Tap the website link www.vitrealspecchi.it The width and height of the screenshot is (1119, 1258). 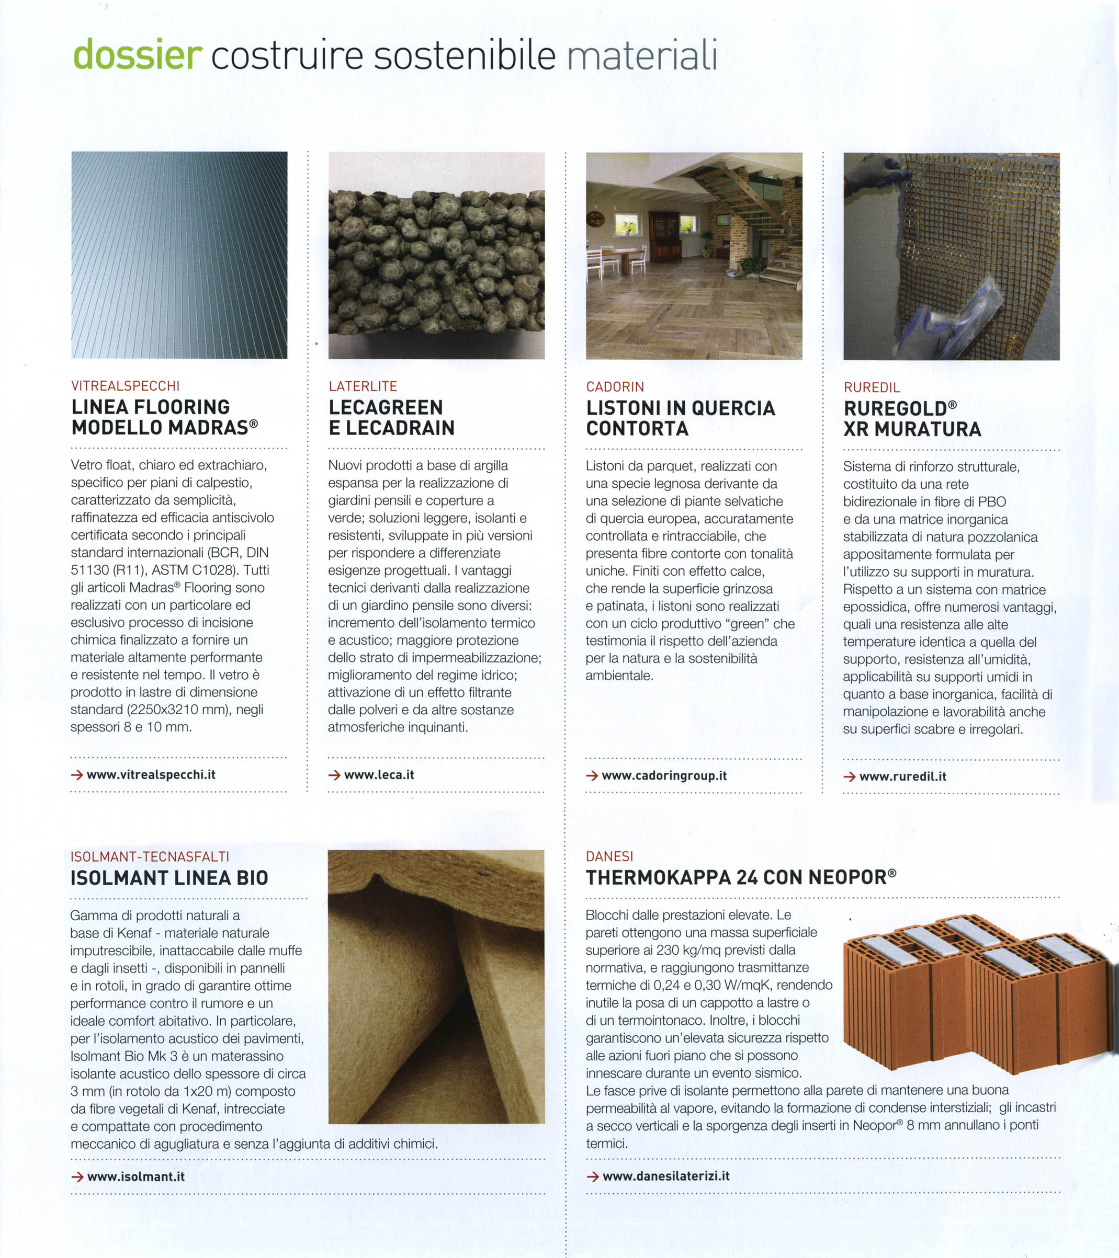point(151,775)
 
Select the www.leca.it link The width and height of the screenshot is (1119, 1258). point(379,775)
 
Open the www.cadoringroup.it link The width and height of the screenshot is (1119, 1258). point(664,775)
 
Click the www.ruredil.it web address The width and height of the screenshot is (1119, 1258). point(902,776)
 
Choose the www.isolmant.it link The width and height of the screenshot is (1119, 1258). point(135,1176)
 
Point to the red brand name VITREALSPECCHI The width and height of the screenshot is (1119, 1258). point(126,386)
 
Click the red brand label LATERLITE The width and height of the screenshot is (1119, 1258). point(363,386)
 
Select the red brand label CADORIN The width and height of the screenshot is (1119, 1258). point(615,387)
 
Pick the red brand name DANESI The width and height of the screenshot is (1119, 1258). point(609,856)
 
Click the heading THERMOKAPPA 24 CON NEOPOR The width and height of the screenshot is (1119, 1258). point(739,877)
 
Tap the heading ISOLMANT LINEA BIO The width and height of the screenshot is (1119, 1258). point(169,878)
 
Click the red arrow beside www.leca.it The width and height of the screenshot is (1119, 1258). point(334,775)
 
